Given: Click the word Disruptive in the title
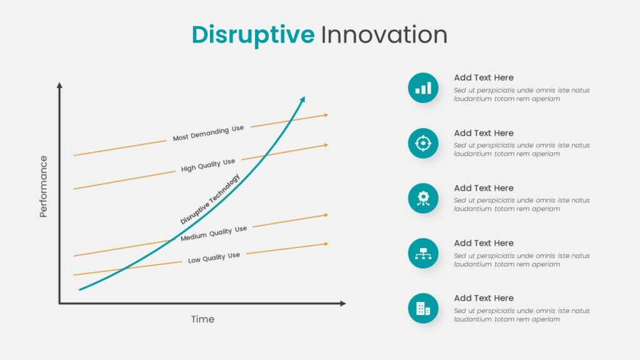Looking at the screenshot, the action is click(x=253, y=36).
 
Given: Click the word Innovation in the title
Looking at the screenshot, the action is click(x=384, y=34).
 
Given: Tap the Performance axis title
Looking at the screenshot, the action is click(x=43, y=186).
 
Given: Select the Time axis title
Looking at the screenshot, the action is click(x=202, y=319).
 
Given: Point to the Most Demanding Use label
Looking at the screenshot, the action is click(x=208, y=133).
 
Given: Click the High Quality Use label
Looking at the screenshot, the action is click(x=208, y=165).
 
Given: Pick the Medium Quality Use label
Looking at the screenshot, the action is click(x=214, y=233).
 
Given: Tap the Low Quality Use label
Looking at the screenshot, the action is click(x=214, y=257).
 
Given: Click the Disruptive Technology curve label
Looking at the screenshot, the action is click(x=210, y=199).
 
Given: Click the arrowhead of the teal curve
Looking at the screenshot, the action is click(x=303, y=99).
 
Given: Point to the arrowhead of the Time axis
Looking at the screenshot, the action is click(x=343, y=303).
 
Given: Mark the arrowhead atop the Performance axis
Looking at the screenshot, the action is click(x=59, y=85).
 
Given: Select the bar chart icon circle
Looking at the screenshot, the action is click(x=423, y=87).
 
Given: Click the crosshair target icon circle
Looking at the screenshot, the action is click(x=423, y=143).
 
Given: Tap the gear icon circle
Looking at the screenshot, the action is click(x=423, y=198).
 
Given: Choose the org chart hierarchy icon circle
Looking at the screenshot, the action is click(x=423, y=254).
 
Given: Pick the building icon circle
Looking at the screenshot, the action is click(x=423, y=309).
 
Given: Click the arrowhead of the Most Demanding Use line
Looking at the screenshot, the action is click(x=326, y=115).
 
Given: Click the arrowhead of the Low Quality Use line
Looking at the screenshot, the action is click(x=326, y=244).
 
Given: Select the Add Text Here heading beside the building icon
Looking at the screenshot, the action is click(x=484, y=298).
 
